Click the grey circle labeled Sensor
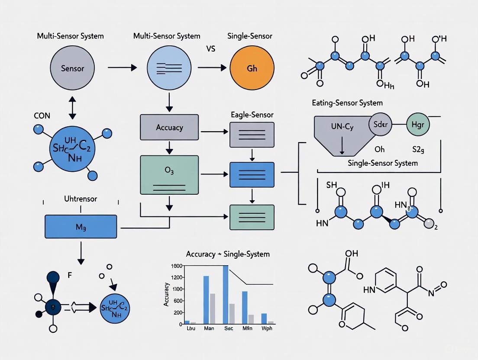point(72,68)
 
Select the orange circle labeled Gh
point(252,68)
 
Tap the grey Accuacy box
point(169,128)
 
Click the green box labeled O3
point(169,175)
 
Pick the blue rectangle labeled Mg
point(81,226)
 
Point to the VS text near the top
point(211,49)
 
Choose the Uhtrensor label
point(81,199)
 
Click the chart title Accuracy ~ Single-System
point(228,254)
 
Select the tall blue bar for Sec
point(225,294)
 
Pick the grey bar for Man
point(213,309)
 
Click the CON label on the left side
point(42,116)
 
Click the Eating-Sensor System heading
point(347,103)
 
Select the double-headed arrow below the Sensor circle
point(72,107)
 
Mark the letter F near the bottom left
point(69,275)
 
